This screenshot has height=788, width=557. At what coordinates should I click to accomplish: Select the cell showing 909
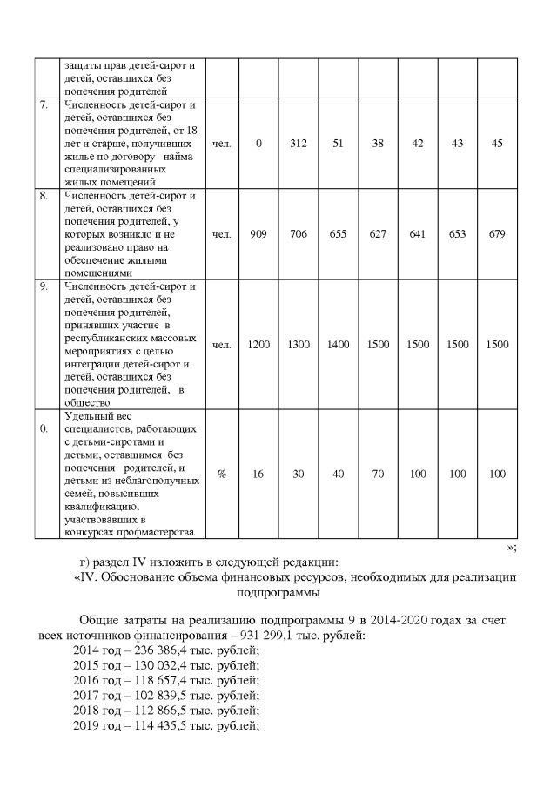[258, 233]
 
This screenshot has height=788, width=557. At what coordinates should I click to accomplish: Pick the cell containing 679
[497, 233]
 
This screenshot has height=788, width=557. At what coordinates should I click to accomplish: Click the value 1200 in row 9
[258, 345]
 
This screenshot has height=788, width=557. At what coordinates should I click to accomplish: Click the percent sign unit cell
[222, 474]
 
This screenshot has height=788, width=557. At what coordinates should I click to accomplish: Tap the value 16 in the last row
[258, 474]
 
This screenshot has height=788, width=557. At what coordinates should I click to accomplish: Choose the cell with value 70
[378, 474]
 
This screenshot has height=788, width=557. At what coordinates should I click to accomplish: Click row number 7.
[44, 105]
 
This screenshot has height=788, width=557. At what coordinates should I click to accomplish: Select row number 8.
[44, 196]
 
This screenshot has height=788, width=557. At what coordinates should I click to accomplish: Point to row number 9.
[44, 286]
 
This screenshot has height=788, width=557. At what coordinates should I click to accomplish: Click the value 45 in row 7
[497, 144]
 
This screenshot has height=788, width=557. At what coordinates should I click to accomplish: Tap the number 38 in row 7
[378, 144]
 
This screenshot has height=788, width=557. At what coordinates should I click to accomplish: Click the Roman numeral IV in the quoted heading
[84, 577]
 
